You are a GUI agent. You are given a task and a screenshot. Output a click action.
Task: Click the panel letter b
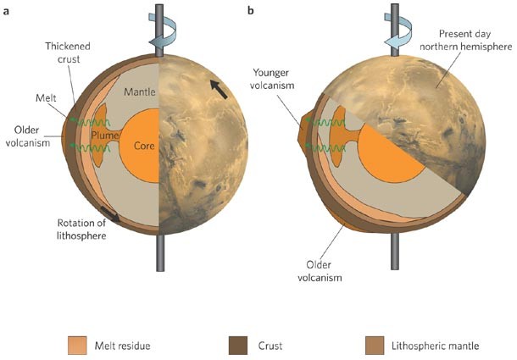(x=250, y=10)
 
